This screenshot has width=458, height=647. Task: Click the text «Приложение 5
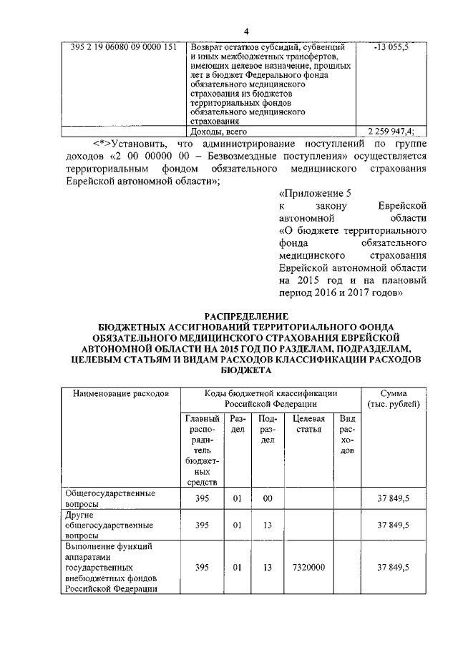pos(313,193)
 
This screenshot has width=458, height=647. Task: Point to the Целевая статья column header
pos(310,424)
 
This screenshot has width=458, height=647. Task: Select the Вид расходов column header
pos(347,439)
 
